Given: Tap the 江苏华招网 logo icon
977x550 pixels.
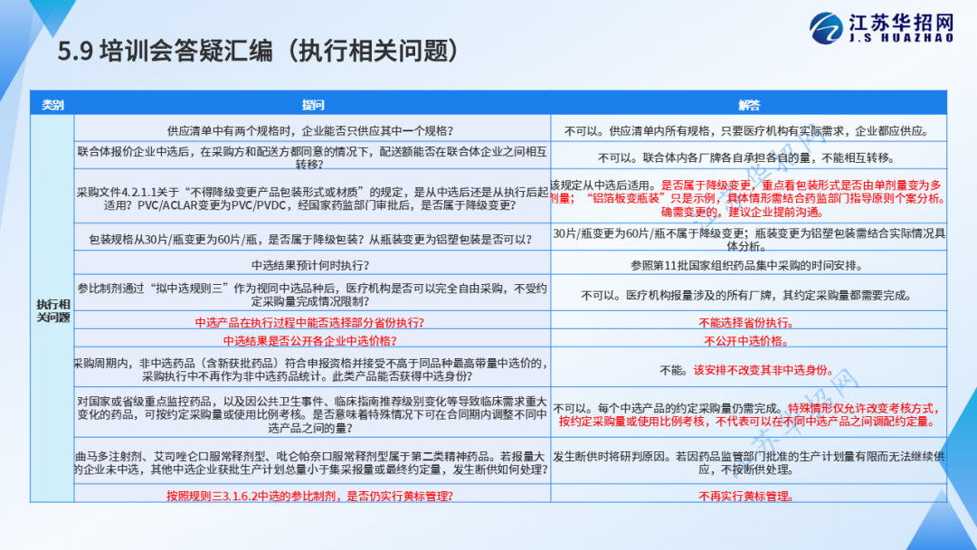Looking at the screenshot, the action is click(x=826, y=28).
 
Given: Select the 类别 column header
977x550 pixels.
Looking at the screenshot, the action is click(x=52, y=105).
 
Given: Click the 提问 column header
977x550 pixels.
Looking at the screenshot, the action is click(x=313, y=105).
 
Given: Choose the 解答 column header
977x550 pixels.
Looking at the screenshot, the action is click(x=749, y=105).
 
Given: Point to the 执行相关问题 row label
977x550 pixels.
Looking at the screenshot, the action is click(x=53, y=310).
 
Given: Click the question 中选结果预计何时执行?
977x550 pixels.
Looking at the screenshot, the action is click(x=310, y=265).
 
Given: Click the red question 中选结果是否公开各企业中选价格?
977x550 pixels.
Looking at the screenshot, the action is click(x=309, y=341).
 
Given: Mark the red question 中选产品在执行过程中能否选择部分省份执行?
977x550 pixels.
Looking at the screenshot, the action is click(x=309, y=322).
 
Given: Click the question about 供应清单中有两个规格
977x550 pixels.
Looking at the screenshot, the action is click(x=310, y=131).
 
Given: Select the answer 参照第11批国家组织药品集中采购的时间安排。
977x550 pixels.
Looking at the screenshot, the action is click(x=746, y=265).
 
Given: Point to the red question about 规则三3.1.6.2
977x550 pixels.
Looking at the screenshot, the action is click(x=309, y=496).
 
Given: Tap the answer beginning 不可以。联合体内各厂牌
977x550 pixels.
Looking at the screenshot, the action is click(x=746, y=157).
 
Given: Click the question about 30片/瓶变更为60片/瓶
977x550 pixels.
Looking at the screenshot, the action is click(x=310, y=239).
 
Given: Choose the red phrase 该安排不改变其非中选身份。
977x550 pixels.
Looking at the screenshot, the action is click(x=764, y=370).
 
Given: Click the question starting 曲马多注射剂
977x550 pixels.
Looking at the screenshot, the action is click(x=311, y=463).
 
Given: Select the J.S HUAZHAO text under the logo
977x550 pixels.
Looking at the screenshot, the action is click(x=901, y=38).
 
